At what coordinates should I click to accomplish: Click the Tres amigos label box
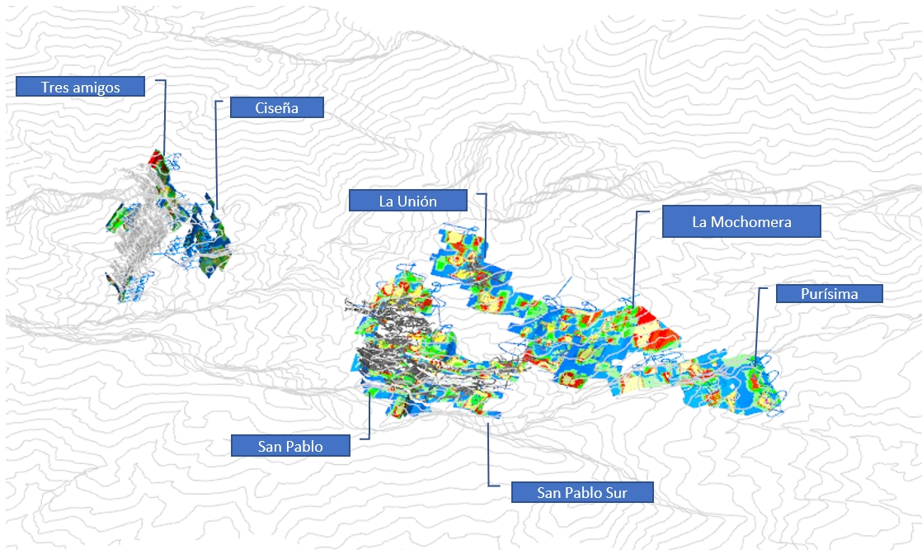tap(80, 87)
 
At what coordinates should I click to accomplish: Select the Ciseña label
tap(276, 107)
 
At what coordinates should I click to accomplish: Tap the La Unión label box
tap(408, 201)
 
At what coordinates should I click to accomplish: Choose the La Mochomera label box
tap(741, 221)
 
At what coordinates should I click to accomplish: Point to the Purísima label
tap(829, 293)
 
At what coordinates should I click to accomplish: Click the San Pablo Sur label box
tap(582, 492)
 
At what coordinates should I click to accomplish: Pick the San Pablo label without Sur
tap(290, 446)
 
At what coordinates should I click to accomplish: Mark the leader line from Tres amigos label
tap(165, 118)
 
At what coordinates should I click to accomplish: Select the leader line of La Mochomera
tap(634, 258)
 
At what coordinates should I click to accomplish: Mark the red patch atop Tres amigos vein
tap(156, 159)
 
